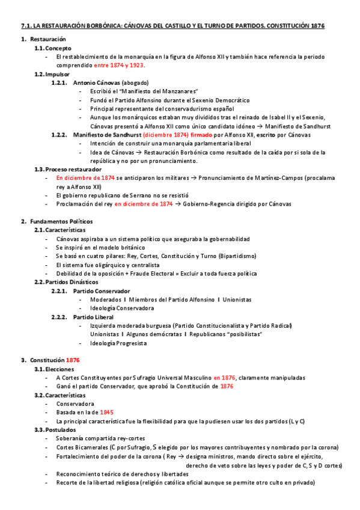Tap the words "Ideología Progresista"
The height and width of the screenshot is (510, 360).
[x=118, y=343]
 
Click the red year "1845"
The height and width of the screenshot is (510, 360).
[x=106, y=412]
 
